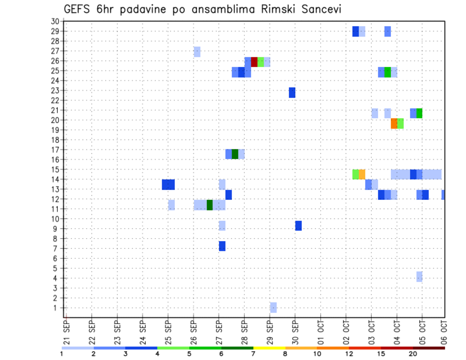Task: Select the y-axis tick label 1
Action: point(56,308)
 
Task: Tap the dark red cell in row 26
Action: point(254,63)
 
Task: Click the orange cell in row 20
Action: point(394,124)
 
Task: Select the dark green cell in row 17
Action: point(235,154)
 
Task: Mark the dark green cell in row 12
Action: point(210,205)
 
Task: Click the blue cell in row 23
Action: point(292,93)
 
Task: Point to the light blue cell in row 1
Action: point(273,308)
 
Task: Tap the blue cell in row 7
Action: point(222,246)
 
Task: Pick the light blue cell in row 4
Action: point(419,277)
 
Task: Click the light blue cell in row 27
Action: point(197,52)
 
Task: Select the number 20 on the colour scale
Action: point(413,354)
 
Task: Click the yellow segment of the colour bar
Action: point(269,348)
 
